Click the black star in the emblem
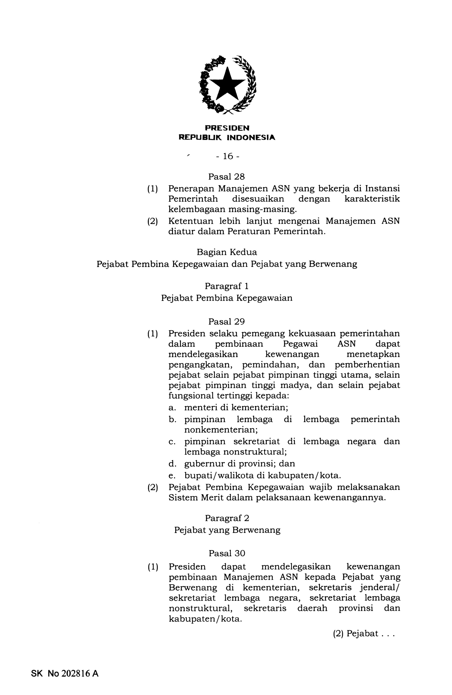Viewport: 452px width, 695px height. pyautogui.click(x=227, y=84)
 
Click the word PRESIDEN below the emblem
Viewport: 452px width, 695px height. pyautogui.click(x=227, y=128)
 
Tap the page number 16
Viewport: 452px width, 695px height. pyautogui.click(x=228, y=157)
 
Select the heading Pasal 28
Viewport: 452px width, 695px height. pyautogui.click(x=226, y=177)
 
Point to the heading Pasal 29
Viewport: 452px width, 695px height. pyautogui.click(x=226, y=321)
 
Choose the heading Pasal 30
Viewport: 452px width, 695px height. pyautogui.click(x=227, y=553)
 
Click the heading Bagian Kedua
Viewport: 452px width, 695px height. pyautogui.click(x=227, y=252)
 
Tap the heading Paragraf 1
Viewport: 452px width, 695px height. pyautogui.click(x=227, y=286)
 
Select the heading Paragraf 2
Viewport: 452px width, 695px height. pyautogui.click(x=227, y=518)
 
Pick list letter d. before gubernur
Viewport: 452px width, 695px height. pyautogui.click(x=172, y=464)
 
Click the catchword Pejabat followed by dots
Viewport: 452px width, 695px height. pyautogui.click(x=362, y=634)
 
